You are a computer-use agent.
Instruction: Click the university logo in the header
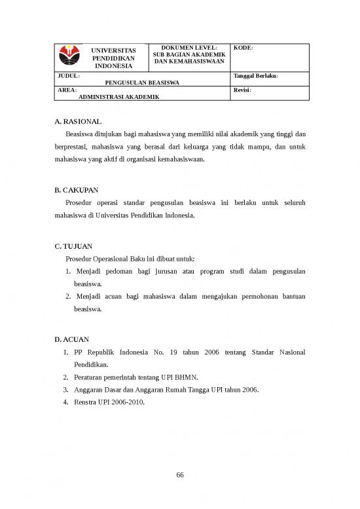point(68,55)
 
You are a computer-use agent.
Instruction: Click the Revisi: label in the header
point(242,90)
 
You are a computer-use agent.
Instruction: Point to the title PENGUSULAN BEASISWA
point(142,83)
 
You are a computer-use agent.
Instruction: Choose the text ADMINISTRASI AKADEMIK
point(118,96)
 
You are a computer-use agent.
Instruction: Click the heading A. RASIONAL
point(78,122)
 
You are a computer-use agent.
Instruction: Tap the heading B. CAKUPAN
point(77,191)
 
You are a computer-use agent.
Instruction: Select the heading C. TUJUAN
point(74,246)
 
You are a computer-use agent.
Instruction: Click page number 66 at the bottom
point(180,476)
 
